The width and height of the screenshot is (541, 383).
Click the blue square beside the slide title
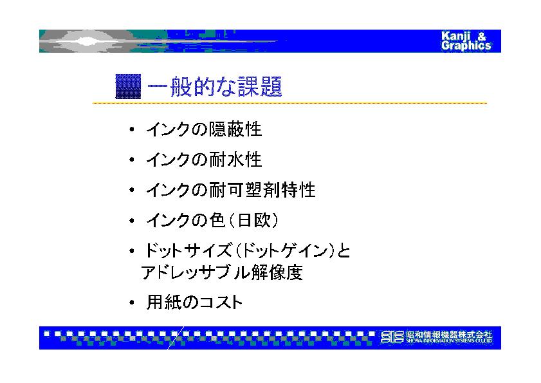click(128, 86)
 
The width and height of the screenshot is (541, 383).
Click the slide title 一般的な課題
click(215, 86)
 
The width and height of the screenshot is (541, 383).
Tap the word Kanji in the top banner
click(455, 36)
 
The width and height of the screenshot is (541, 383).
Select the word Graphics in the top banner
click(466, 46)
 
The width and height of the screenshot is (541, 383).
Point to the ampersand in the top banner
click(482, 36)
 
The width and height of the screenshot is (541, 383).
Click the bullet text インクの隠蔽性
click(204, 130)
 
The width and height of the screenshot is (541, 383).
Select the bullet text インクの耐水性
click(204, 160)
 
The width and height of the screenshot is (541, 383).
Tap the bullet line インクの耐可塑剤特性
click(231, 190)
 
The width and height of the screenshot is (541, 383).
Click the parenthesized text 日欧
click(253, 220)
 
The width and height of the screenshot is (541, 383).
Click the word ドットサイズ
click(188, 250)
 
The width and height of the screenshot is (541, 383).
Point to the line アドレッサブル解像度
click(222, 272)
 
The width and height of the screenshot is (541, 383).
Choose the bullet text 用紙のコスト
click(194, 302)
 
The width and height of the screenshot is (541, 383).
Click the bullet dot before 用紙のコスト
click(131, 303)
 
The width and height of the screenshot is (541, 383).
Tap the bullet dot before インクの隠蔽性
click(131, 130)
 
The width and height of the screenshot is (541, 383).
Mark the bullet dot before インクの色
click(131, 221)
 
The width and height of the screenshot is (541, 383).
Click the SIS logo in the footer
click(392, 337)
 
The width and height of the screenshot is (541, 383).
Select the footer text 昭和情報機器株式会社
click(449, 334)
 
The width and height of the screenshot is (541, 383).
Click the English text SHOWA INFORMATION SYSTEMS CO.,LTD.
click(449, 341)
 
